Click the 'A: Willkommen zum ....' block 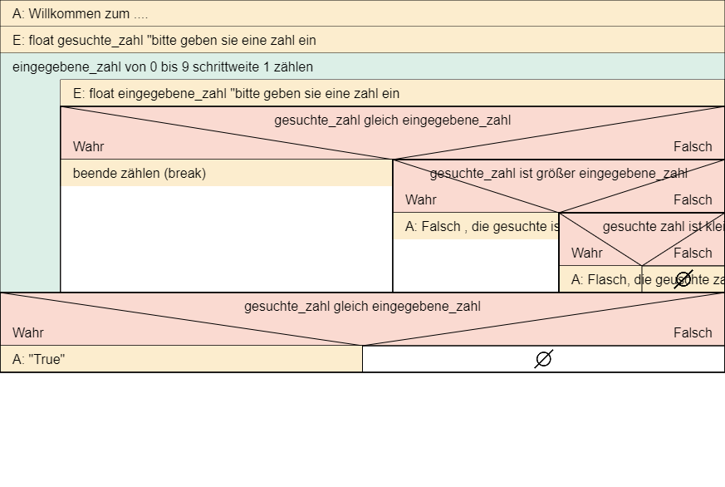362,13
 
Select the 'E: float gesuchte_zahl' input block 362,40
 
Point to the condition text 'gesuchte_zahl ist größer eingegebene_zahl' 558,173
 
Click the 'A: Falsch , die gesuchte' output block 475,226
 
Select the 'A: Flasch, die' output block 600,279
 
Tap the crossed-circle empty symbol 683,279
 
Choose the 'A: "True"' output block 181,359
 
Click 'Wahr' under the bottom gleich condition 28,332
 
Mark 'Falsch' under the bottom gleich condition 693,332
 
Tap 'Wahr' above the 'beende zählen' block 89,146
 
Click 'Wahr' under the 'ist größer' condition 421,199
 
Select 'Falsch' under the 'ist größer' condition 693,199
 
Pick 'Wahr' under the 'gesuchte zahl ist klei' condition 587,253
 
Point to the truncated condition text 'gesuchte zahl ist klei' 663,226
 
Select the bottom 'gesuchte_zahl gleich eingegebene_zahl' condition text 362,306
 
